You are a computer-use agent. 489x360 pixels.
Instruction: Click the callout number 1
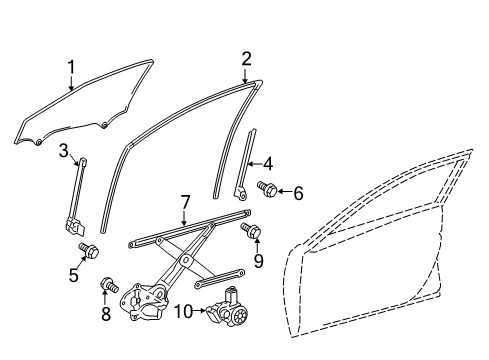pyautogui.click(x=71, y=68)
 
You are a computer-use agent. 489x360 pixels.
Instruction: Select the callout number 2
pyautogui.click(x=246, y=59)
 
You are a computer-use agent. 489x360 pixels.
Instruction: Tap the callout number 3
pyautogui.click(x=63, y=151)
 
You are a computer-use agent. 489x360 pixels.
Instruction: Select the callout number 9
pyautogui.click(x=258, y=262)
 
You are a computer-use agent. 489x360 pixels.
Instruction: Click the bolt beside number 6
pyautogui.click(x=268, y=187)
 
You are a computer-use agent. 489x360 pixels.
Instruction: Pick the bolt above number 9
pyautogui.click(x=250, y=232)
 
